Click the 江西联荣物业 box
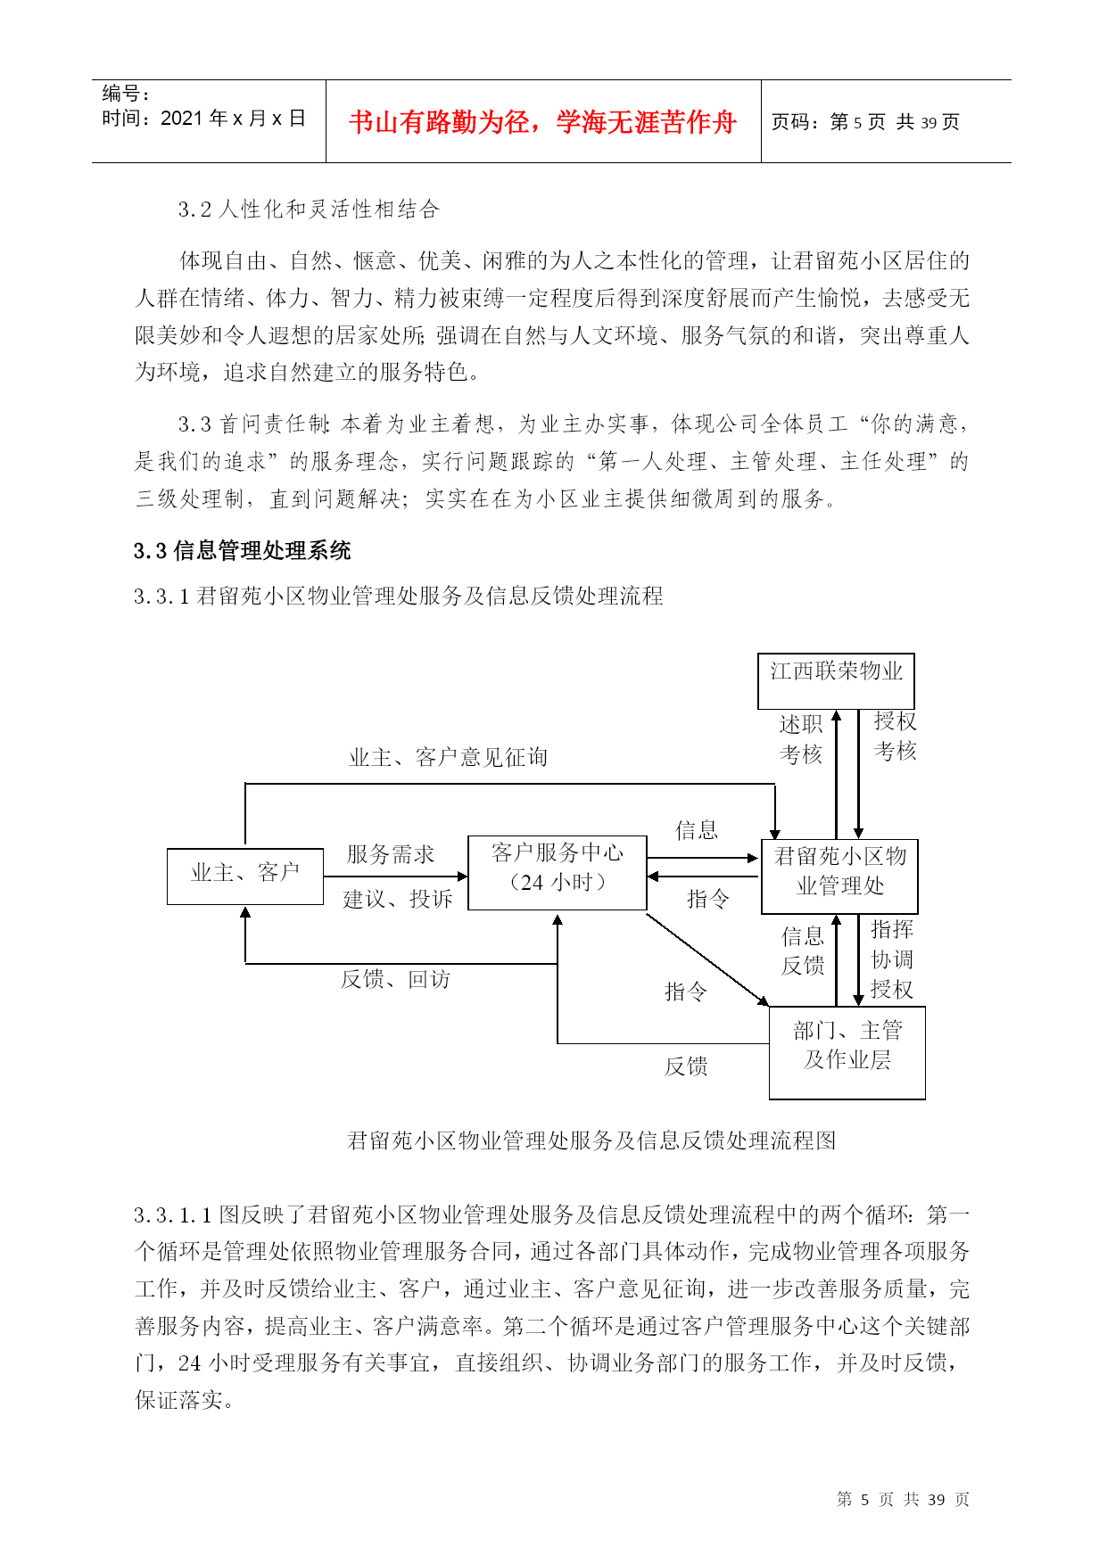click(x=836, y=681)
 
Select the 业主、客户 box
click(x=245, y=877)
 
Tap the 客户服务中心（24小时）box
click(x=558, y=873)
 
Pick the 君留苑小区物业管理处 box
click(x=839, y=877)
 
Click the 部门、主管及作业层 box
click(x=847, y=1053)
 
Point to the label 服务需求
click(x=391, y=854)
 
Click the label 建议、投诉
click(x=398, y=899)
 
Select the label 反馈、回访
click(x=396, y=979)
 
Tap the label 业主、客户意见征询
click(x=449, y=758)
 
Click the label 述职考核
click(x=801, y=739)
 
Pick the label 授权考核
click(x=896, y=737)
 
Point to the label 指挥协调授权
click(x=892, y=959)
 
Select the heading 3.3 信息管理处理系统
click(x=243, y=551)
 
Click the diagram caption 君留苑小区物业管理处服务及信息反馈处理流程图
click(x=591, y=1140)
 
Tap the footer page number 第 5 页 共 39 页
click(x=903, y=1500)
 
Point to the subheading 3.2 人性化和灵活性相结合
click(x=310, y=210)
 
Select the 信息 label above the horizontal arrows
click(x=697, y=831)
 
